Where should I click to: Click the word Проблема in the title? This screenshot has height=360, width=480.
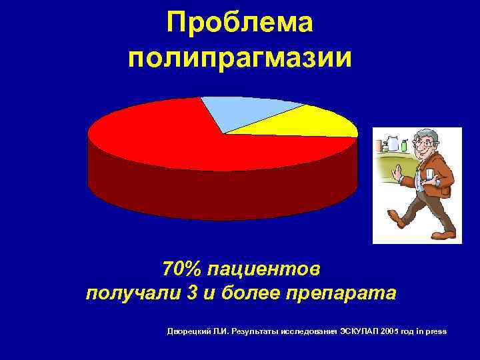click(x=240, y=23)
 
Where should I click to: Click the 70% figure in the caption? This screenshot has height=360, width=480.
click(x=181, y=270)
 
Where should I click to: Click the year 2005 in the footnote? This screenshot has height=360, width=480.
click(x=387, y=331)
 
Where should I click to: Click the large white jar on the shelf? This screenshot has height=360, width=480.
click(x=393, y=144)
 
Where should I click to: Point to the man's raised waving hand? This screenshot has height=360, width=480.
click(x=398, y=173)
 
